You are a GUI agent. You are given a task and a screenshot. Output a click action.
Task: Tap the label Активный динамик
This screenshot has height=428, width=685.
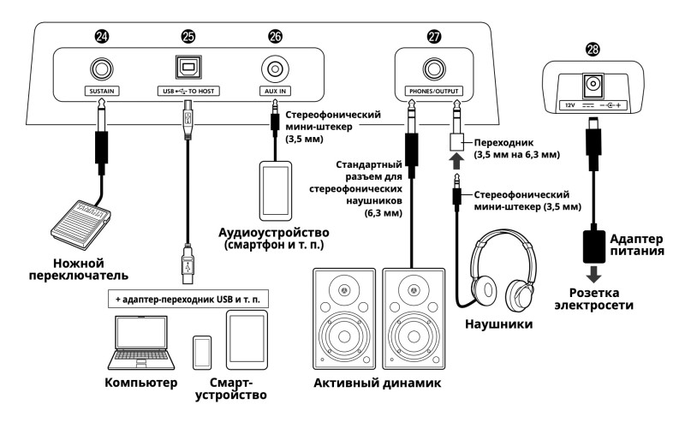pyautogui.click(x=377, y=384)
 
